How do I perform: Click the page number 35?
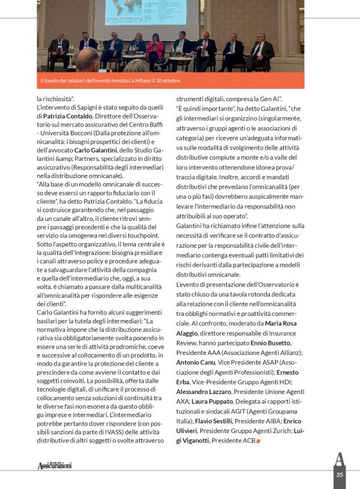pos(339,475)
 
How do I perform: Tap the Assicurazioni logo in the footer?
pos(55,465)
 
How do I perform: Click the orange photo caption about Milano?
pos(110,81)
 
